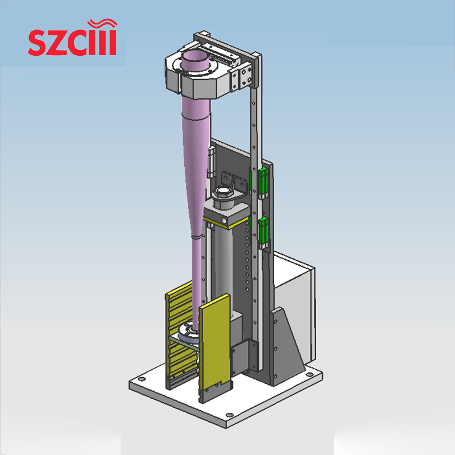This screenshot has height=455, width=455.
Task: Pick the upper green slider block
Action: [x=263, y=182]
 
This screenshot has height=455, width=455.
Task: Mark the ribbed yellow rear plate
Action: [x=179, y=336]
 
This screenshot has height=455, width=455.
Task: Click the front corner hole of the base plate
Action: [x=229, y=415]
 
